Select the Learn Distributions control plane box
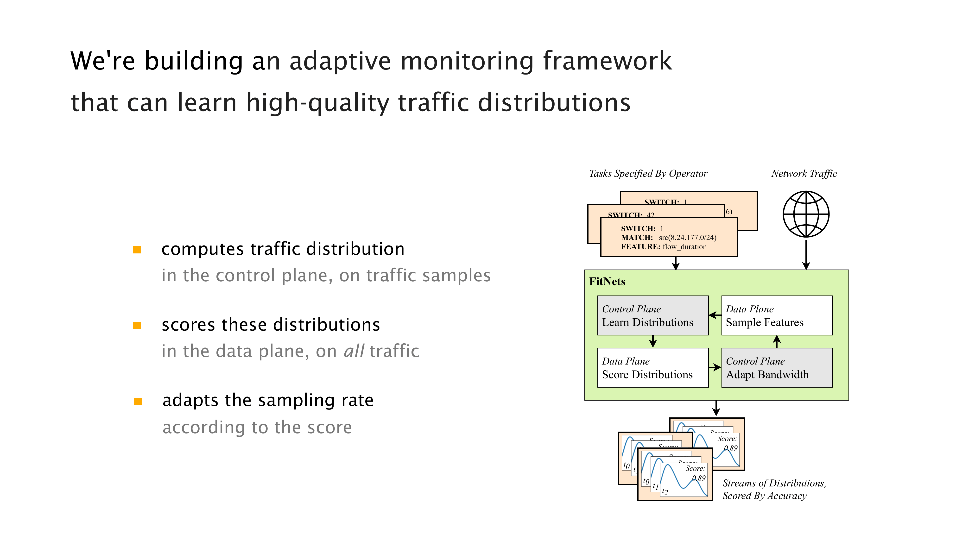pos(652,315)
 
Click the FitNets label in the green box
pos(607,282)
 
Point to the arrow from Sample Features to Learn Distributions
pos(715,315)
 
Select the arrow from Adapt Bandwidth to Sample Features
pos(777,341)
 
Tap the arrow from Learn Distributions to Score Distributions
pos(653,341)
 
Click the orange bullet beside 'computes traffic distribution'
pos(137,250)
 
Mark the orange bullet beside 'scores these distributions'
pos(137,325)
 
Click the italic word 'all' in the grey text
pos(353,351)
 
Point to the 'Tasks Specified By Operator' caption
pos(648,174)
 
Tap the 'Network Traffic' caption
pos(804,174)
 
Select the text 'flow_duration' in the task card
pos(684,247)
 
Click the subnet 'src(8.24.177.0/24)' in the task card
pos(687,238)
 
